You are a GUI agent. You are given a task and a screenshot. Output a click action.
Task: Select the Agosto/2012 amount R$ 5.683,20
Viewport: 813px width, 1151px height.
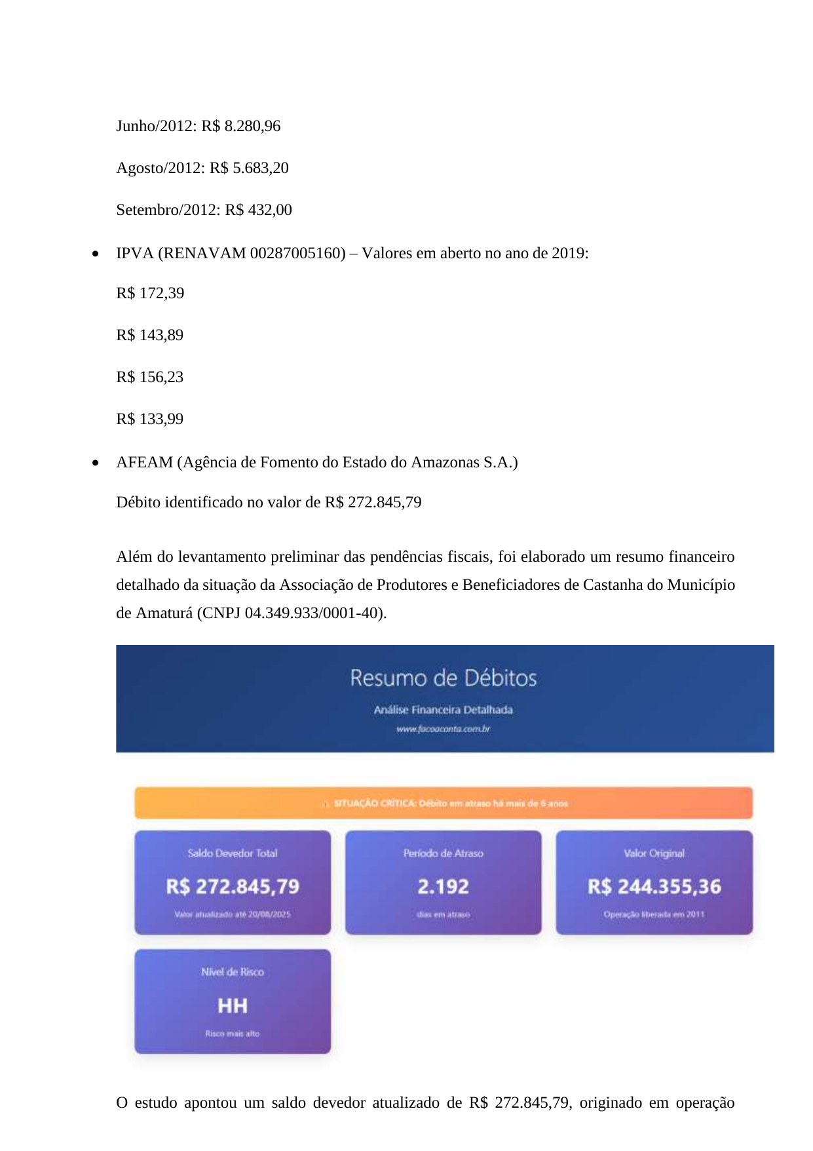pos(249,168)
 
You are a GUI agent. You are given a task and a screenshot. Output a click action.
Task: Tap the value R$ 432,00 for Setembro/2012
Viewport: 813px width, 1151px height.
pos(259,210)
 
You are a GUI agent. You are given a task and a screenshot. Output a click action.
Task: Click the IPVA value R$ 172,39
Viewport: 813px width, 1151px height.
pos(150,293)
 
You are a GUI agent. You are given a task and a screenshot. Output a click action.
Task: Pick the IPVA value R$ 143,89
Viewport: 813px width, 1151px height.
pos(150,335)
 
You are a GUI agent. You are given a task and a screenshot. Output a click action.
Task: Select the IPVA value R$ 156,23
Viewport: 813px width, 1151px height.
pos(150,377)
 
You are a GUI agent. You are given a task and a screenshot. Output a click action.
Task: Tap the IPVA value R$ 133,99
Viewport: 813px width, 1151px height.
pos(150,419)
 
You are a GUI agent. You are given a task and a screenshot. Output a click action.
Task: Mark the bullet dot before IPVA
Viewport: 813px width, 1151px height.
pos(96,254)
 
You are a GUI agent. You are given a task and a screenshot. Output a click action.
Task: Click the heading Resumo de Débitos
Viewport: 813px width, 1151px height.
pos(444,678)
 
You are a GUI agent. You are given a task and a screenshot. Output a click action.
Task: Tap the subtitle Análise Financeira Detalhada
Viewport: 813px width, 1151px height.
pos(444,710)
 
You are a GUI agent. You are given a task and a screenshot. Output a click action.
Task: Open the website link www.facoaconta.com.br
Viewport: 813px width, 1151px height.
pos(444,729)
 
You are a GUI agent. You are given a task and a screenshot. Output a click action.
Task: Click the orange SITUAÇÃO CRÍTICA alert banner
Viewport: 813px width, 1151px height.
pos(444,803)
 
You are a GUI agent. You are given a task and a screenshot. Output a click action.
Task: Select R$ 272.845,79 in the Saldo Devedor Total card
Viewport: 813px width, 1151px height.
pos(233,887)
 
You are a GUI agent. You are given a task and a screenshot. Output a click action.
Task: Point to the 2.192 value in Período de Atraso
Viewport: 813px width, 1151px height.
pos(444,887)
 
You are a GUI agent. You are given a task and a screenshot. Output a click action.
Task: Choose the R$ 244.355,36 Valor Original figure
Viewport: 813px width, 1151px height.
pos(654,887)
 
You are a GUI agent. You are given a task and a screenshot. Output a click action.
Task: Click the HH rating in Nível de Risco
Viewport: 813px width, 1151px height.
pos(233,1005)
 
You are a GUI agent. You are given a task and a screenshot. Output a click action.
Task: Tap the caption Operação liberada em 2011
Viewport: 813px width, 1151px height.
pos(654,914)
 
